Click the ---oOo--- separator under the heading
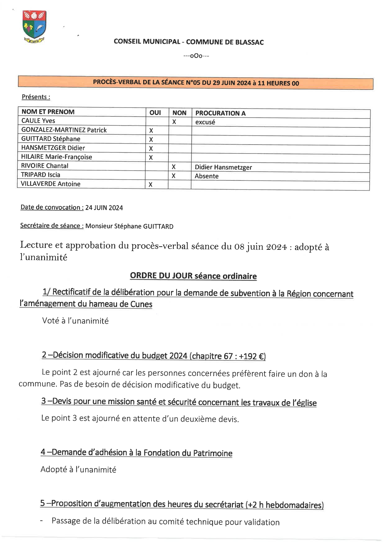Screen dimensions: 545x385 [x=196, y=56]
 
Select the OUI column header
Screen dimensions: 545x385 [x=155, y=113]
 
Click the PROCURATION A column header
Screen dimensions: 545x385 [x=220, y=113]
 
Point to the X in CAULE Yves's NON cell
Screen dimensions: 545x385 [x=174, y=122]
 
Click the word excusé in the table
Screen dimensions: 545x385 [x=205, y=122]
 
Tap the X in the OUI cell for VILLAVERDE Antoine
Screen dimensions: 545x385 [x=150, y=185]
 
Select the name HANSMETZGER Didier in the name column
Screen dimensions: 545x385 [x=53, y=148]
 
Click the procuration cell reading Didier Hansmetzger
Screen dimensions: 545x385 [x=223, y=167]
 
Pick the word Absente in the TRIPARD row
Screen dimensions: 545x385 [x=206, y=176]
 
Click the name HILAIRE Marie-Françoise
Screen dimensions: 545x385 [x=57, y=157]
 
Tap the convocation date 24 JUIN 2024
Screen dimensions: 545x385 [x=104, y=208]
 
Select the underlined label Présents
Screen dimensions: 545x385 [x=36, y=97]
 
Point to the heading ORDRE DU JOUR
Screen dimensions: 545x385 [x=161, y=276]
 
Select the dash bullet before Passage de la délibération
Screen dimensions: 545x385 [x=42, y=521]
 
